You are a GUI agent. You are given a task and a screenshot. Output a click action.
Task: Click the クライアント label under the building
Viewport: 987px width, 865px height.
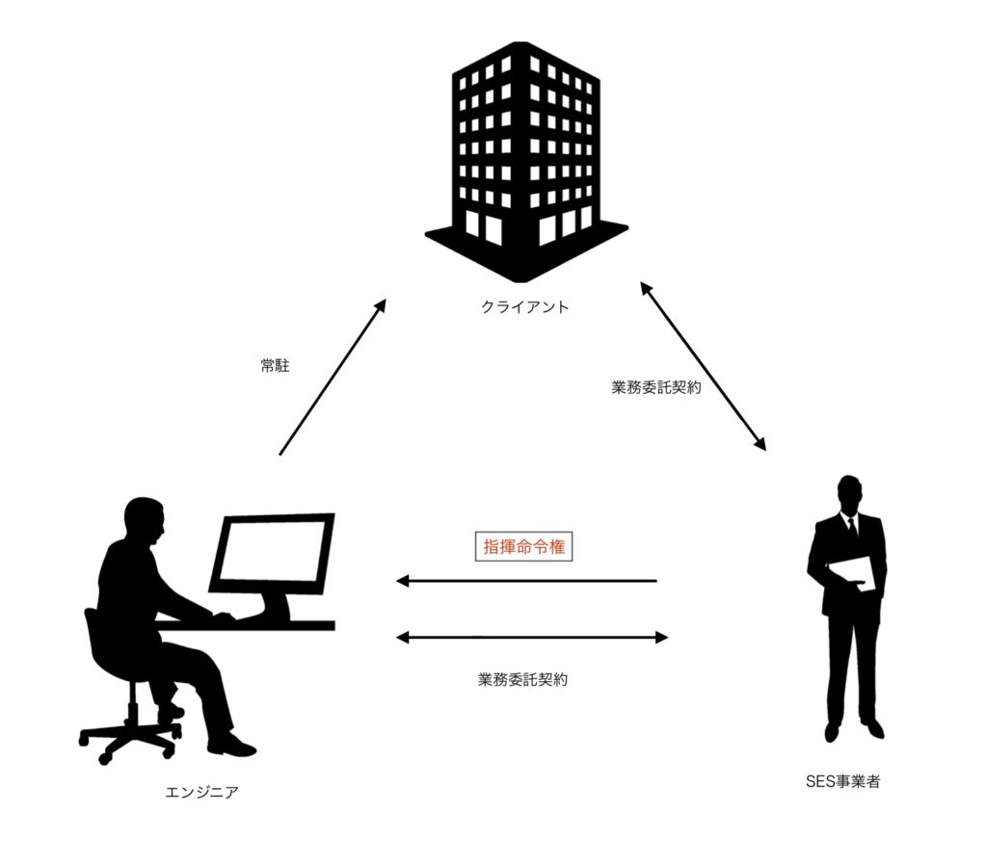pos(524,308)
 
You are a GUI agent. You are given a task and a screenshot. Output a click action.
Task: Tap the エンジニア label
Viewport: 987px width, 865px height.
pos(201,793)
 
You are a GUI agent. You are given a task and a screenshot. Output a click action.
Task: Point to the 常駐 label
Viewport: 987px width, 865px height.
pos(274,366)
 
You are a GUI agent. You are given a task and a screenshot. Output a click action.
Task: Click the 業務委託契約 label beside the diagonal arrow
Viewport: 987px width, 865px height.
pos(656,389)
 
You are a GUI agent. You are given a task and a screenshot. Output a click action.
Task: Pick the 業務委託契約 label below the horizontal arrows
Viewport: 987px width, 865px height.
pos(522,679)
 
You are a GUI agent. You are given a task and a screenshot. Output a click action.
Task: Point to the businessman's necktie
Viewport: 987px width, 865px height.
pos(852,529)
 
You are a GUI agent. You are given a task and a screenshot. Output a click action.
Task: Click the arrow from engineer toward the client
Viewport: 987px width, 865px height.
pos(332,377)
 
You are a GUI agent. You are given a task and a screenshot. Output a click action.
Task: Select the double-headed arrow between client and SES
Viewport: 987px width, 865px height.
pos(703,366)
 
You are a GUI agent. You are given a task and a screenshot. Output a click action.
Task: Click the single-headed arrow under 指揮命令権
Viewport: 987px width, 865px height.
pos(526,581)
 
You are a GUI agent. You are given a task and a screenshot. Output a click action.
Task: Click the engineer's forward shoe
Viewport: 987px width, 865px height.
pos(231,745)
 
